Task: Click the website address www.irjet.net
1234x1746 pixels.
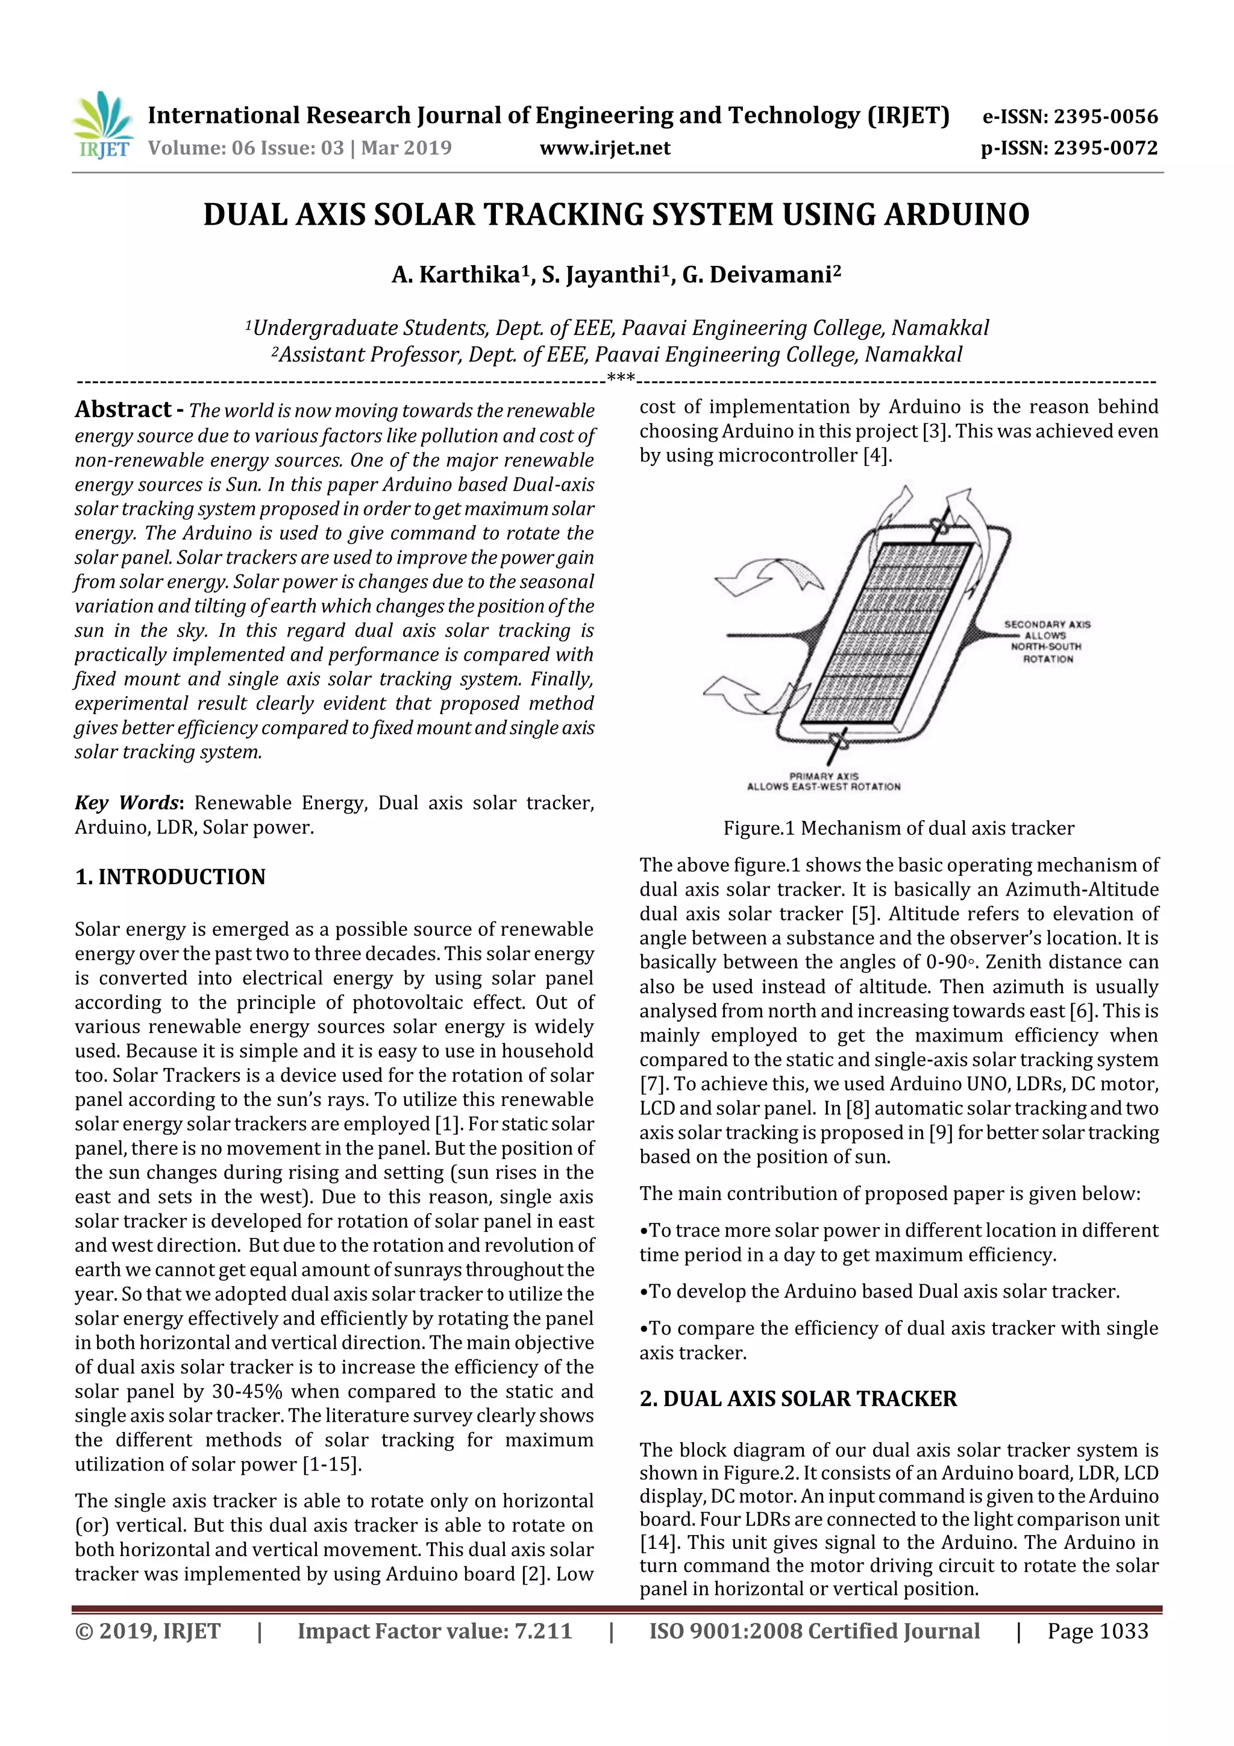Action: click(604, 148)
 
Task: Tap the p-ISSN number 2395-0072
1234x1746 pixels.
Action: click(1104, 148)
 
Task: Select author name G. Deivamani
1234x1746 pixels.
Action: click(760, 274)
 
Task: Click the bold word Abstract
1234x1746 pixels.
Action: click(123, 410)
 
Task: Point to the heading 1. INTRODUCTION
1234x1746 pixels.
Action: click(171, 877)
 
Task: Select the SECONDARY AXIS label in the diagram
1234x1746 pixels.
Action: click(1047, 624)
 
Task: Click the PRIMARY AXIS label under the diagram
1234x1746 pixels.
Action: click(824, 776)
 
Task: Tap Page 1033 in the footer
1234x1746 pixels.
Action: click(1097, 1631)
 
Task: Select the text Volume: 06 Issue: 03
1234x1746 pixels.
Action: click(246, 148)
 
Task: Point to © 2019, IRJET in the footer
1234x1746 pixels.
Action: click(148, 1631)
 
